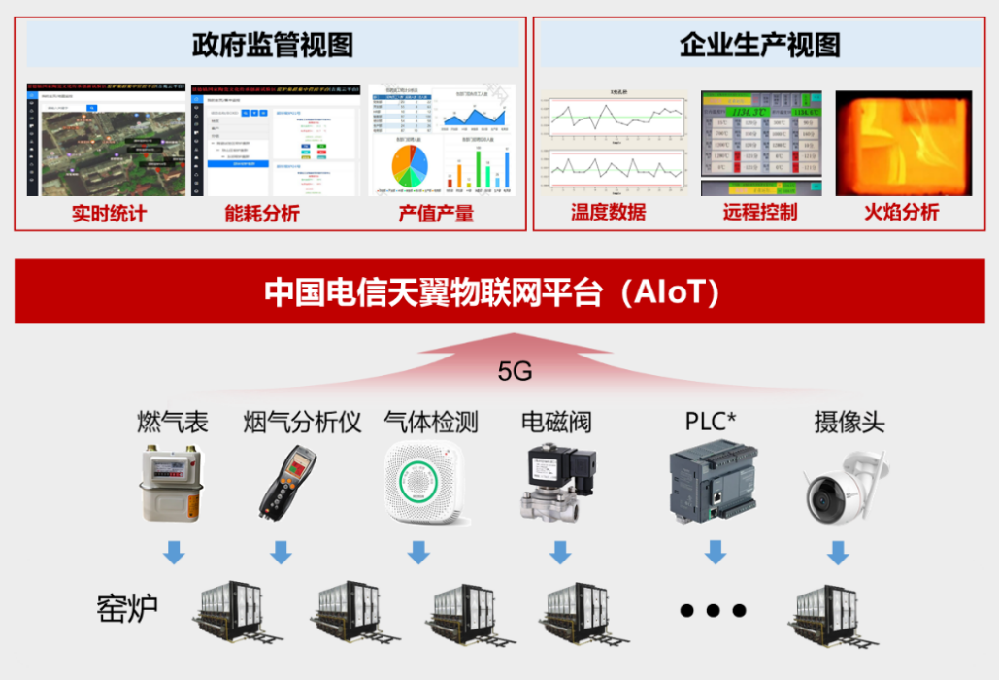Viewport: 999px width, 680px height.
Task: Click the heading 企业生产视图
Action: pos(759,46)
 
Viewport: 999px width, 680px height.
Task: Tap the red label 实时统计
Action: pos(108,213)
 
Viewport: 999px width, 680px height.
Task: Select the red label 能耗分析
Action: pos(261,213)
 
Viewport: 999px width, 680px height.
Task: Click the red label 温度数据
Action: pos(608,212)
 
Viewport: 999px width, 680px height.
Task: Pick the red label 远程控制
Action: pos(760,212)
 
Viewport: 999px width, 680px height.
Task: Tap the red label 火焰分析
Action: pos(902,212)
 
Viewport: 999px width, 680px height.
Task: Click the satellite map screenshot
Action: pos(106,141)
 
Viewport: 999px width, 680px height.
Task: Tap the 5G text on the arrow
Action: pos(515,371)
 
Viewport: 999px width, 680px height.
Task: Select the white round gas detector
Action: pos(419,482)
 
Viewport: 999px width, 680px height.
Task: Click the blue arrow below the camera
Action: pos(838,553)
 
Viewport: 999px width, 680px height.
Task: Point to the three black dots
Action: pos(714,610)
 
